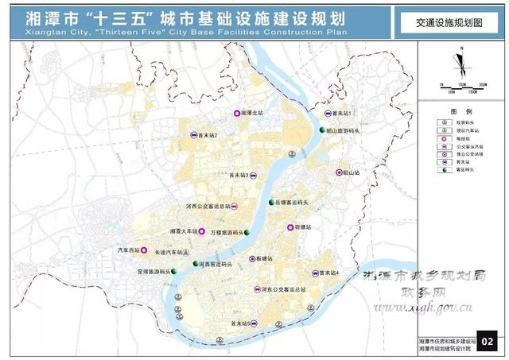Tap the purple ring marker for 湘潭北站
click(236, 114)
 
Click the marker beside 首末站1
click(315, 114)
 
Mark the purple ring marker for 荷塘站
click(289, 227)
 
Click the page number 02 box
click(488, 343)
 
